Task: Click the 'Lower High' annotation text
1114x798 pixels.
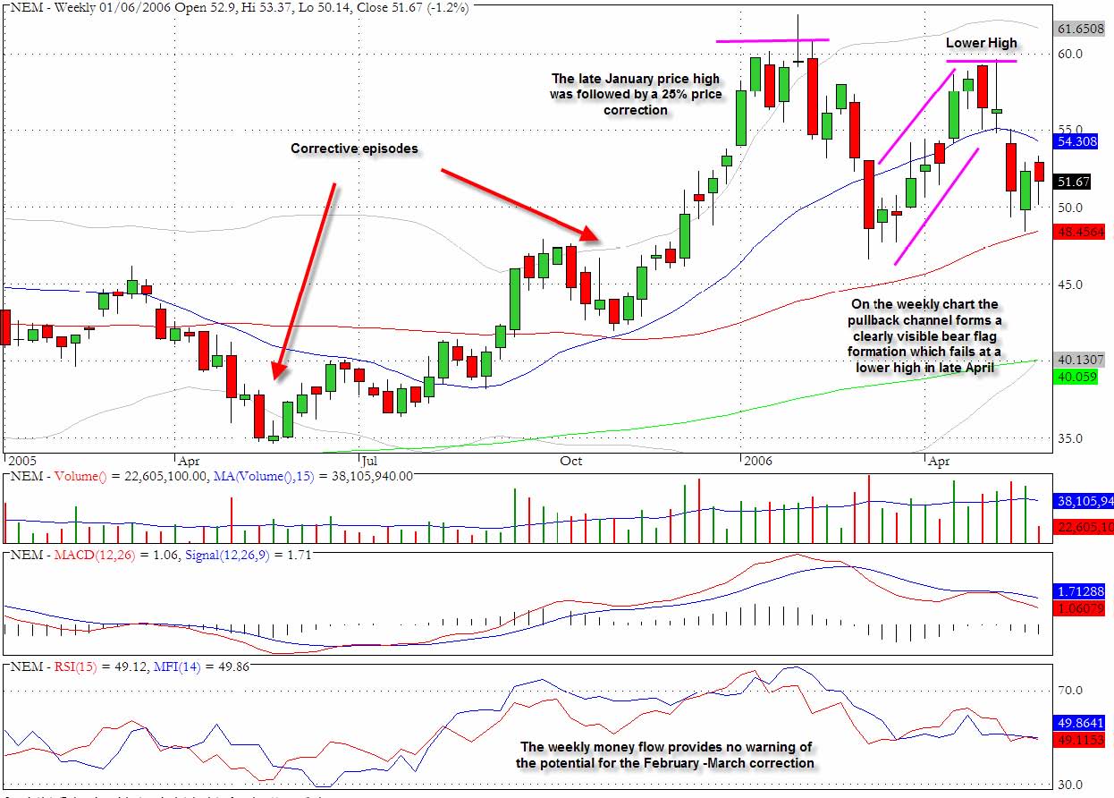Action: pos(982,43)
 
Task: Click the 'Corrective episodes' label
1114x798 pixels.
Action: pos(354,149)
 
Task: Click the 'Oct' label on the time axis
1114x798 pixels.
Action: pos(570,461)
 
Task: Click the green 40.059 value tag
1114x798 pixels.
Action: pos(1076,378)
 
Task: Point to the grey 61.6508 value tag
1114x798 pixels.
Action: pos(1079,30)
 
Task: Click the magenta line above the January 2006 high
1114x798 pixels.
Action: pos(772,40)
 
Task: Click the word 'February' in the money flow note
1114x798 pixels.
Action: pos(650,763)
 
